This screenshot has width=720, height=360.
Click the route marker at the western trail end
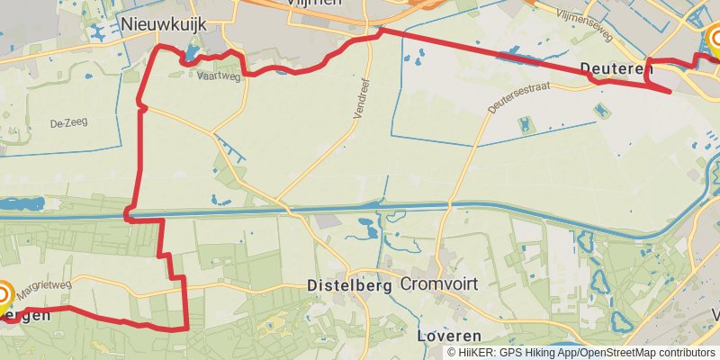click(x=4, y=296)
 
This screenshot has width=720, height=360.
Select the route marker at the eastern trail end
click(x=715, y=40)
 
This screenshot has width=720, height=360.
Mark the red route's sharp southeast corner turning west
click(x=185, y=328)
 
